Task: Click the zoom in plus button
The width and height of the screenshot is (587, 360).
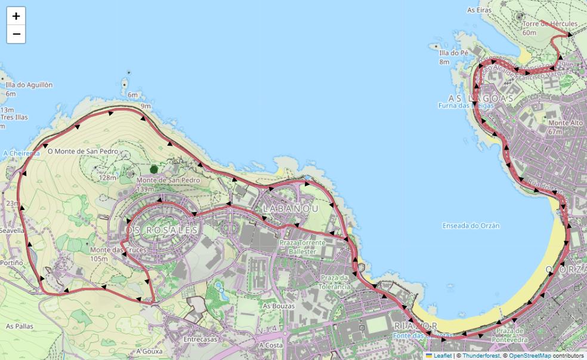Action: click(16, 16)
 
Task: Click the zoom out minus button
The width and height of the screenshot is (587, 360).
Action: click(16, 35)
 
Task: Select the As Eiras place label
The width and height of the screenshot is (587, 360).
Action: click(479, 10)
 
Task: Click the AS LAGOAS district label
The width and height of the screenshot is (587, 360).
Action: click(481, 98)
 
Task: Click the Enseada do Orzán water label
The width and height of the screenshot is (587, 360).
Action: click(471, 226)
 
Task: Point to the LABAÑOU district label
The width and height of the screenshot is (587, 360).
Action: click(290, 208)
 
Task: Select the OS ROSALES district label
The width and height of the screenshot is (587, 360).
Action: click(162, 230)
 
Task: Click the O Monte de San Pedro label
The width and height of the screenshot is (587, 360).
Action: click(83, 152)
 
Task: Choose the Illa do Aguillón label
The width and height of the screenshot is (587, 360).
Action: click(29, 85)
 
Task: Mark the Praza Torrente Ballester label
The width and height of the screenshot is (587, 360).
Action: click(303, 247)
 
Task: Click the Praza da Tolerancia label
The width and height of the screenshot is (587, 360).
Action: click(335, 282)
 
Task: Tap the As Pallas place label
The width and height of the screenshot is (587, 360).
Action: click(20, 327)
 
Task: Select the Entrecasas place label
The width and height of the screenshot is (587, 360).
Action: click(200, 339)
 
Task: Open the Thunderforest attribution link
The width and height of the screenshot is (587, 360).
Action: click(481, 356)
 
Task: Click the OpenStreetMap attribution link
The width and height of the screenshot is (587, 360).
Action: click(530, 356)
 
